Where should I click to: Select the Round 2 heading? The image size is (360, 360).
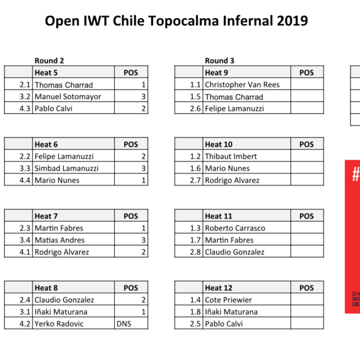tap(49, 61)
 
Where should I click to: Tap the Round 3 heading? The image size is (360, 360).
tap(220, 61)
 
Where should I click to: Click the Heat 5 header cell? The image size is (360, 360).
tap(73, 73)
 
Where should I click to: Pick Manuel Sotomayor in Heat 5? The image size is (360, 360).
tap(68, 97)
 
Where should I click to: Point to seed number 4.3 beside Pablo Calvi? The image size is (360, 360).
tap(25, 109)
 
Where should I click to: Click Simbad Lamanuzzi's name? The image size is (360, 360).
tap(67, 168)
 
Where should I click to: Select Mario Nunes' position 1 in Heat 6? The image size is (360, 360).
tap(143, 180)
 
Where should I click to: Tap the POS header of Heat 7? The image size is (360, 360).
tap(131, 216)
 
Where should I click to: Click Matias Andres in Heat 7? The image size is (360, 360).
tap(59, 240)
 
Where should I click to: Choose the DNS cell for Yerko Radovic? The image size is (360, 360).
tap(131, 323)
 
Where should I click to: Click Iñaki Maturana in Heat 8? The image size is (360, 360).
tap(61, 311)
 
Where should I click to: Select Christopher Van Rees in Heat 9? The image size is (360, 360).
tap(242, 85)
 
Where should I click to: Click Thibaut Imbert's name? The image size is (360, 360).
tap(231, 157)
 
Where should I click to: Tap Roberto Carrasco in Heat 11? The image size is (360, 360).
tap(235, 228)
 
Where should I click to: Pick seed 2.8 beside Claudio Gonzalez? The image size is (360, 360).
tap(195, 252)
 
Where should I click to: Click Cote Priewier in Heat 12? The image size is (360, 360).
tap(228, 299)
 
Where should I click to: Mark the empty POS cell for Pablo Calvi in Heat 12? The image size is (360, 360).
tap(307, 323)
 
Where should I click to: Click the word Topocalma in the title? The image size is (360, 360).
tap(184, 21)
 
